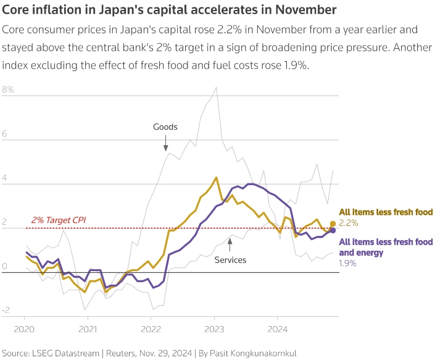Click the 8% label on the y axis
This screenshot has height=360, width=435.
point(8,90)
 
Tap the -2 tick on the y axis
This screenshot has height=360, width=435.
point(6,311)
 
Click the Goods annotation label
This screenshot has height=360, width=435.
point(165,127)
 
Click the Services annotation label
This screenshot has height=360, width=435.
point(230,260)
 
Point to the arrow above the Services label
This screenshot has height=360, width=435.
point(230,243)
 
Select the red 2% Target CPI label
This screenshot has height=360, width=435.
point(59,220)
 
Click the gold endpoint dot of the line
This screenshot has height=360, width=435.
point(333,224)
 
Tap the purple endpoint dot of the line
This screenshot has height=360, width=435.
point(333,230)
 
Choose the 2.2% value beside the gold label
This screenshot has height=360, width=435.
point(349,222)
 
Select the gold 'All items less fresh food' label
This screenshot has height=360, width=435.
point(386,212)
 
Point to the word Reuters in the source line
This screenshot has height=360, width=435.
point(122,354)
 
